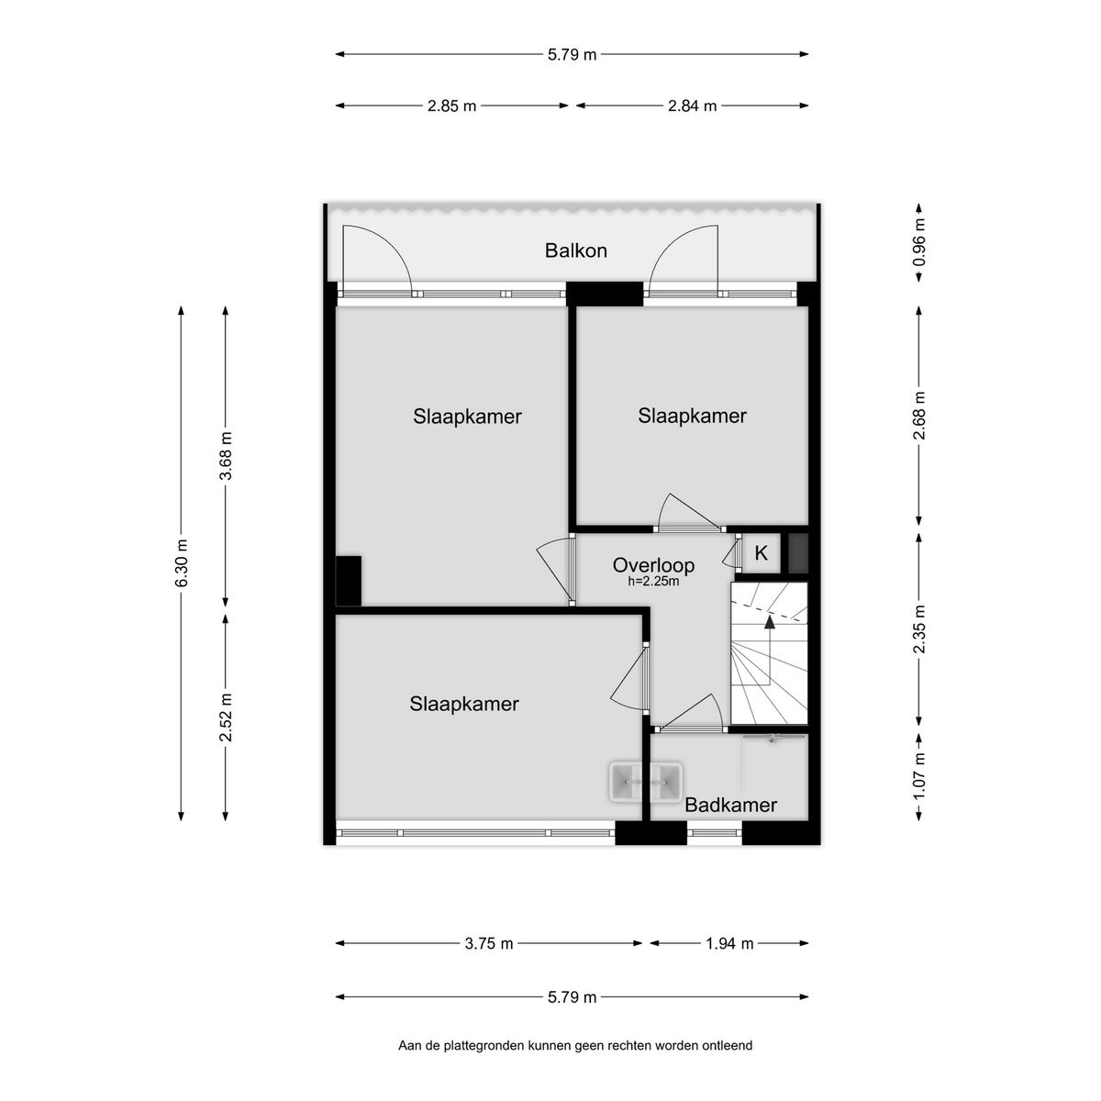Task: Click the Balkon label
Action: click(575, 250)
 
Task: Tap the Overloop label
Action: click(653, 565)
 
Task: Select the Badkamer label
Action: click(730, 805)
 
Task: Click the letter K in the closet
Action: click(761, 553)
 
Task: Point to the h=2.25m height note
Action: click(653, 583)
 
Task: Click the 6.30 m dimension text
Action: click(181, 562)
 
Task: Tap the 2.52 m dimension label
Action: click(226, 717)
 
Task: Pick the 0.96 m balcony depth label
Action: click(919, 243)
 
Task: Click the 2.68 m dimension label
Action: click(919, 416)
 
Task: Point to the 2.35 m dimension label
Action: click(919, 628)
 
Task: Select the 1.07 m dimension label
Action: click(919, 777)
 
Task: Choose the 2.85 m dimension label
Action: click(451, 106)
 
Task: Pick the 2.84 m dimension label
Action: click(692, 106)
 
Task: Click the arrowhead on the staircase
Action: click(770, 622)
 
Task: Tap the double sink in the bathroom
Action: click(646, 781)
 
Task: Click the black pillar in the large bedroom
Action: click(349, 581)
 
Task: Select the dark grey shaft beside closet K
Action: click(798, 553)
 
